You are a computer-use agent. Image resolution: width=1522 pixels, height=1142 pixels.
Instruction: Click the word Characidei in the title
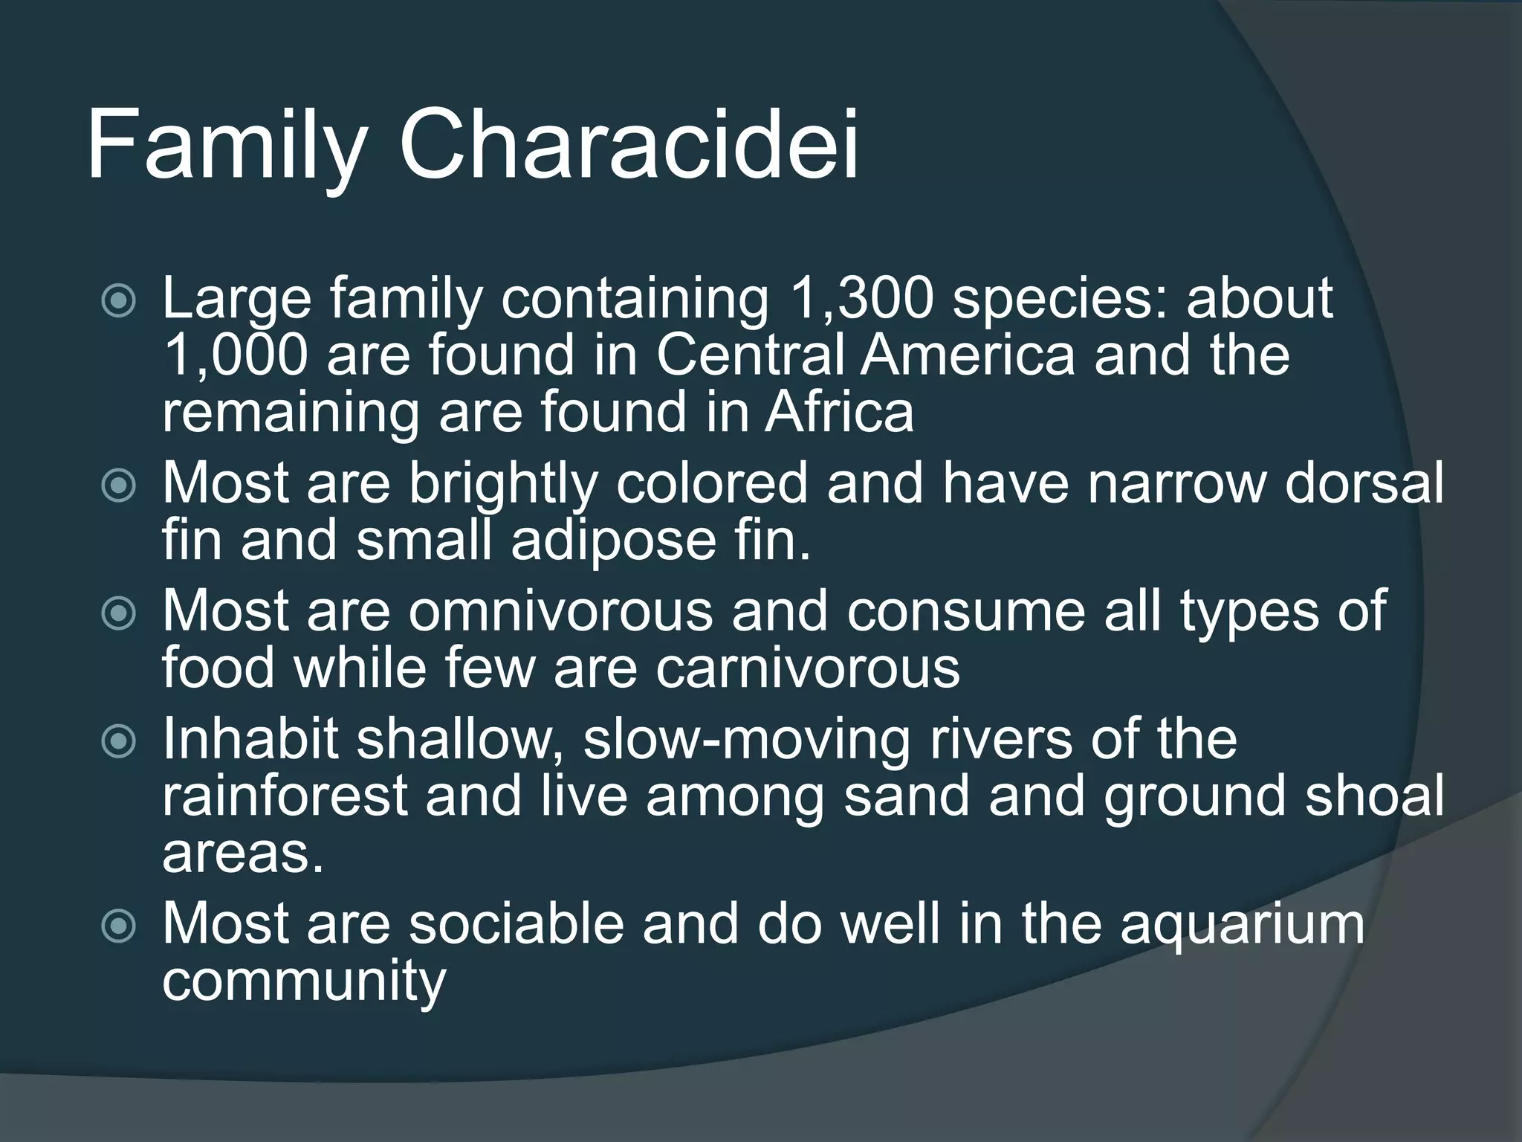(629, 144)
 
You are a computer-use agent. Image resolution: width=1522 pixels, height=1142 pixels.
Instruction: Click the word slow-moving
(747, 739)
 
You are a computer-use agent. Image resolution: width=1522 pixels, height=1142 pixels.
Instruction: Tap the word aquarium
(1242, 923)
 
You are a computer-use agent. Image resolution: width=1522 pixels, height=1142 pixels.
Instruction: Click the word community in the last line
(304, 981)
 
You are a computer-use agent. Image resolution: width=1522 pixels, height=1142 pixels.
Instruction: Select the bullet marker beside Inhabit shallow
(119, 741)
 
